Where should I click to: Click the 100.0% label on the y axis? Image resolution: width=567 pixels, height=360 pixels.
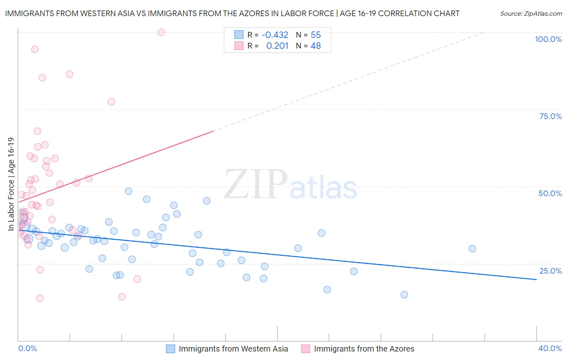548,39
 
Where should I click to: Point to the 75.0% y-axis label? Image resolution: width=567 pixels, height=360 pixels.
550,116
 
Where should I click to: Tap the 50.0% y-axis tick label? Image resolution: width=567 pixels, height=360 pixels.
550,193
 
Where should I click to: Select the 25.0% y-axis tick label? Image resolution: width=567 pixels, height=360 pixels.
550,271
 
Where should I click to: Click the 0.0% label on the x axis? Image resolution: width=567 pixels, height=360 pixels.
27,348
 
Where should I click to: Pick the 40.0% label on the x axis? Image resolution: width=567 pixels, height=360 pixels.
550,348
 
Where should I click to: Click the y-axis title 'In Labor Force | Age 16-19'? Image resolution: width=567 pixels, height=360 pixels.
11,184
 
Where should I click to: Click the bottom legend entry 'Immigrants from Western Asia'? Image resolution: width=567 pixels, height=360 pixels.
233,349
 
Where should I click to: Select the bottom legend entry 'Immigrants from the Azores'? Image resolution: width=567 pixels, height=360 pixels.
364,349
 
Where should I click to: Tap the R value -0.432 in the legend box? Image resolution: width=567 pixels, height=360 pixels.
275,35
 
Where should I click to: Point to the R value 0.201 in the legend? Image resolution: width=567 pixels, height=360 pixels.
277,46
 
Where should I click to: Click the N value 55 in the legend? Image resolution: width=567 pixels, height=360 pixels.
316,35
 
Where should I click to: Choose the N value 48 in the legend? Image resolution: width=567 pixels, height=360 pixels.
316,46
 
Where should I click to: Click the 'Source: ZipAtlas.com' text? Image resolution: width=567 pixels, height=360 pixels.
531,14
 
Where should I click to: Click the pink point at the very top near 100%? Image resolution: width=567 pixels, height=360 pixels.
161,32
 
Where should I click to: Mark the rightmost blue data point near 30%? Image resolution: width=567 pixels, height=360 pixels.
472,249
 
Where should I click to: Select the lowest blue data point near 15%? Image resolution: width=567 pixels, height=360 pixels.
404,295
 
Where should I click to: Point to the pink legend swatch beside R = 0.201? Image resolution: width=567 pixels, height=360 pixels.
239,46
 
